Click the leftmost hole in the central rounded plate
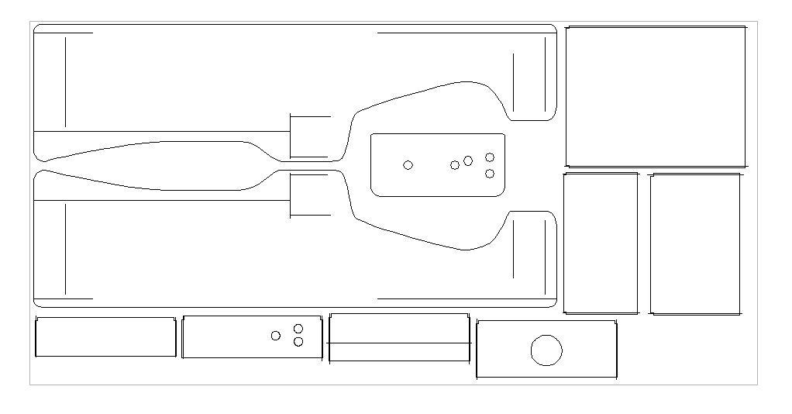pyautogui.click(x=408, y=165)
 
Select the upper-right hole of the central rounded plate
pyautogui.click(x=490, y=157)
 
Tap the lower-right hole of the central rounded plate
pyautogui.click(x=490, y=174)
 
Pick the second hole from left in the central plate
pyautogui.click(x=455, y=165)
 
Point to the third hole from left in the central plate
pyautogui.click(x=468, y=160)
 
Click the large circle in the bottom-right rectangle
pyautogui.click(x=546, y=350)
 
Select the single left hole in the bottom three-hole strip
pyautogui.click(x=276, y=336)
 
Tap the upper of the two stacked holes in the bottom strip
pyautogui.click(x=298, y=329)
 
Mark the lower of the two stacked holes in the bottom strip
pyautogui.click(x=298, y=342)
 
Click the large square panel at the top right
pyautogui.click(x=656, y=96)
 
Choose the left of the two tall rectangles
pyautogui.click(x=601, y=243)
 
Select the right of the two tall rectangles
pyautogui.click(x=695, y=243)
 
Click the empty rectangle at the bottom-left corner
pyautogui.click(x=105, y=337)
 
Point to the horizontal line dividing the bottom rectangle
pyautogui.click(x=399, y=343)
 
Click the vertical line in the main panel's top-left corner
pyautogui.click(x=66, y=81)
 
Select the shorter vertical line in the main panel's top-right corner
pyautogui.click(x=513, y=82)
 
